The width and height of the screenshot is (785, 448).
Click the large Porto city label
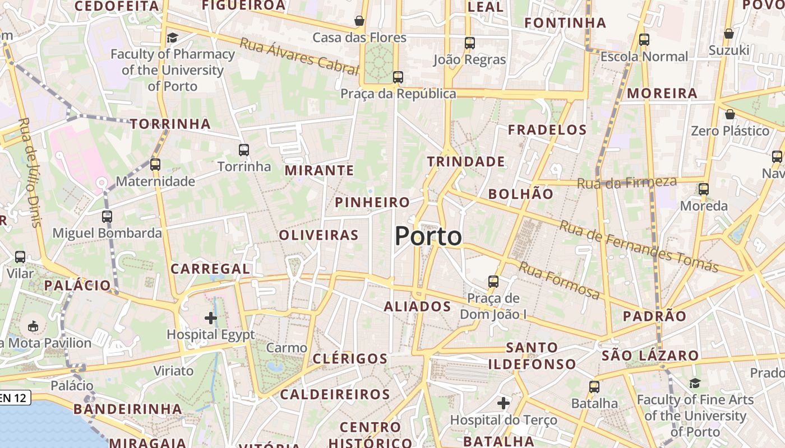coord(428,236)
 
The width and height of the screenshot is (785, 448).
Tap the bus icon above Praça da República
coord(398,77)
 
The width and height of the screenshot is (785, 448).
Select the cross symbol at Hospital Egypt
coord(211,318)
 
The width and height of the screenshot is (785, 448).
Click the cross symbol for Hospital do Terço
coord(504,403)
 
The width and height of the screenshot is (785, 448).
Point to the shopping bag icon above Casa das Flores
coord(359,21)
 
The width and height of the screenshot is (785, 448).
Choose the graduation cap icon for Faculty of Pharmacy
coord(172,38)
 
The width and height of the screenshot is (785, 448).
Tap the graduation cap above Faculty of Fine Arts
coord(695,383)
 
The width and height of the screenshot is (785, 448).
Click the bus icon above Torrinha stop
coord(244,150)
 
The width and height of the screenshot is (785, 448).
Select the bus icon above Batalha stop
coord(594,386)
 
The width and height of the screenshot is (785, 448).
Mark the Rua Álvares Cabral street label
coord(299,57)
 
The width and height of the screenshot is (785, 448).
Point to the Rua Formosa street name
coord(558,281)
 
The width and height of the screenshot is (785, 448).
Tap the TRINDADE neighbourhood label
coord(466,162)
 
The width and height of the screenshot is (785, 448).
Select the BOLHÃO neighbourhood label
coord(521,194)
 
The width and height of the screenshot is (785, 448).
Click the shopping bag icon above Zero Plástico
coord(730,115)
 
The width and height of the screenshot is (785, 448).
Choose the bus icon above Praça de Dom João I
coord(493,281)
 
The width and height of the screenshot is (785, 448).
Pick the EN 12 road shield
coord(13,398)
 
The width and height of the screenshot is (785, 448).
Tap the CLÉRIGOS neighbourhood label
coord(350,359)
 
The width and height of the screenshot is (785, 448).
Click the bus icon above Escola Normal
coord(644,40)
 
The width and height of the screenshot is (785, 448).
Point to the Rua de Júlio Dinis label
coord(30,171)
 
